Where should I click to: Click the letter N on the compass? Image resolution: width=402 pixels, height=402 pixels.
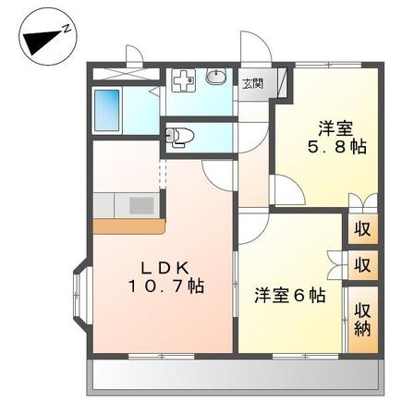(x=67, y=30)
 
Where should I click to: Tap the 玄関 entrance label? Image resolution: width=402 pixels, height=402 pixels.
(x=251, y=82)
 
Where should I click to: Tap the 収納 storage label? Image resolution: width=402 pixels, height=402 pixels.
(x=362, y=318)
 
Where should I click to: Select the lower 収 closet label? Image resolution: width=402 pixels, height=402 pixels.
(x=362, y=265)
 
